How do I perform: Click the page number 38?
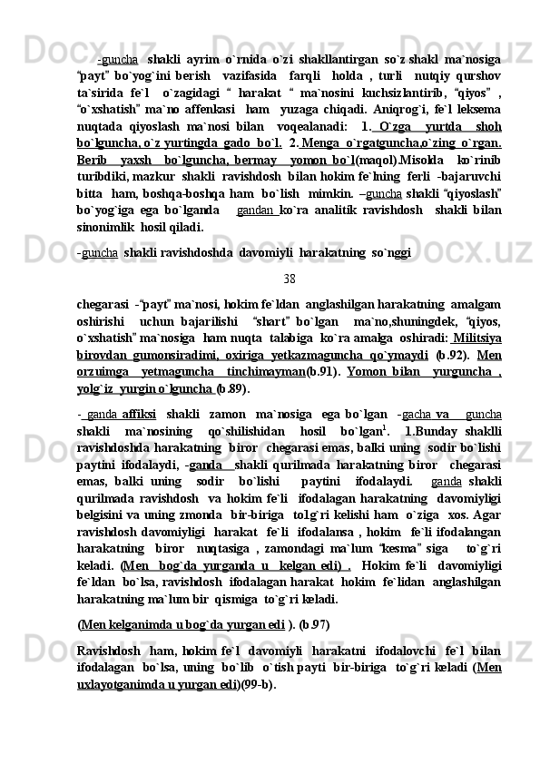coord(289,279)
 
